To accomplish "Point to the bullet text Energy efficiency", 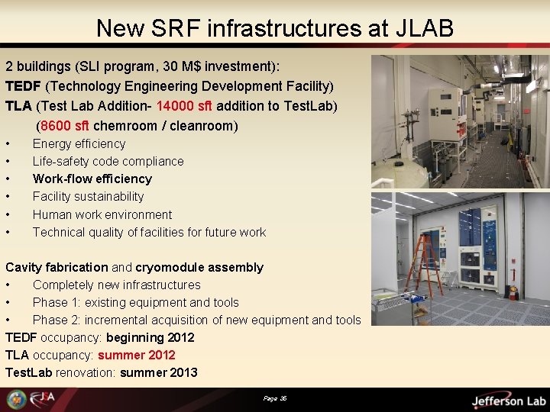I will (79, 143).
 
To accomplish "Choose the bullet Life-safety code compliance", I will (108, 161).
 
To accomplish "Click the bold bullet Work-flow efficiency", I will (92, 179).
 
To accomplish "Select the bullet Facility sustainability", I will (88, 196).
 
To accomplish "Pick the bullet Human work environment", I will (102, 214).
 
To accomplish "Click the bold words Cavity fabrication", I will (57, 267).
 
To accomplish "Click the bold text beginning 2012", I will (150, 337).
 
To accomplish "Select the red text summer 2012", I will (136, 355).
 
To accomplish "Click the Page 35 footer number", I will (274, 398).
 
